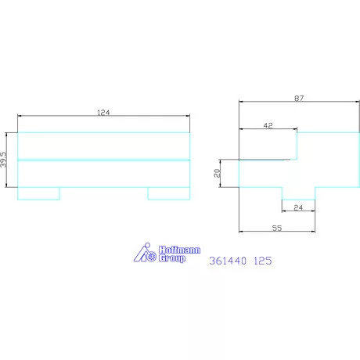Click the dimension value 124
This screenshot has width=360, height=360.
tap(103, 113)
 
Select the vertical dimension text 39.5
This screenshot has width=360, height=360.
tap(5, 160)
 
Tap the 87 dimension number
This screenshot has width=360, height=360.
tap(298, 98)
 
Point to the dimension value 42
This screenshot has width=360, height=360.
tap(268, 124)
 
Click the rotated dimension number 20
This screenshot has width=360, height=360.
tap(218, 173)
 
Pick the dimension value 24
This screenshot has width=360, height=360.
tap(297, 207)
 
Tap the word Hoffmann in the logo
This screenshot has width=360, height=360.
tap(179, 250)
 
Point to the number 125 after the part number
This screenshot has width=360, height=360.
tap(263, 264)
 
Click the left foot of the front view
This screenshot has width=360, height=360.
tap(38, 193)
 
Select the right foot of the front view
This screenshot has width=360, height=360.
tap(168, 193)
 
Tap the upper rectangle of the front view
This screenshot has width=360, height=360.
tap(103, 146)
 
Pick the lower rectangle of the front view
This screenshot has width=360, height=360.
tap(103, 173)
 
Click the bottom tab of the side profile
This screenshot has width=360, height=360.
tap(298, 193)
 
